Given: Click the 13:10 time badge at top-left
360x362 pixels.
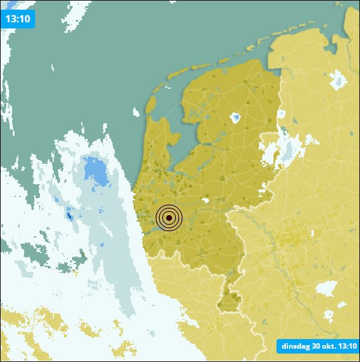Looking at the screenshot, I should pyautogui.click(x=18, y=18).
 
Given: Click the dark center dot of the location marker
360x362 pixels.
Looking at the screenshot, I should pyautogui.click(x=169, y=218).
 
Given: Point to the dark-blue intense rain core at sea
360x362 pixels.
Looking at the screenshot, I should pyautogui.click(x=70, y=214).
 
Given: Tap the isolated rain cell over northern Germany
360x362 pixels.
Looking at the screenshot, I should pyautogui.click(x=338, y=80).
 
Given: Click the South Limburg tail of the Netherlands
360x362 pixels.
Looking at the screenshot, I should pyautogui.click(x=228, y=300).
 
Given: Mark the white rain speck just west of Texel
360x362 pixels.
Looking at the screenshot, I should pyautogui.click(x=136, y=111).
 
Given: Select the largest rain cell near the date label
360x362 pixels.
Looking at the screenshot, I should pyautogui.click(x=326, y=289).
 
